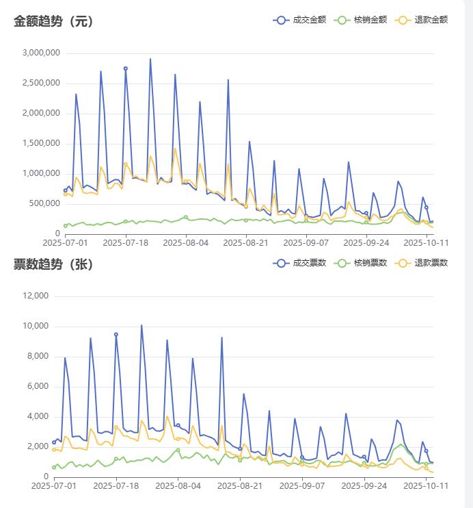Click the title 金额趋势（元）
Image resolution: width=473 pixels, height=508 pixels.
53,21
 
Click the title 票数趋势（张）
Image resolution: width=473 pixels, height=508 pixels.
53,264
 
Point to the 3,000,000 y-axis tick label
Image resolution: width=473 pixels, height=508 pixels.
41,53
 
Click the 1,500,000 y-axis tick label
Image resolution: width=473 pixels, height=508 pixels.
41,143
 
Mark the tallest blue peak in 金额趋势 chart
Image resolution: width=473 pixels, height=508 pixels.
150,59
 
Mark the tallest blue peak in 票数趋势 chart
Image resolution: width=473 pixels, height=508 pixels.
141,325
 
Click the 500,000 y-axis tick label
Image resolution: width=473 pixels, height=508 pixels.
44,203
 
